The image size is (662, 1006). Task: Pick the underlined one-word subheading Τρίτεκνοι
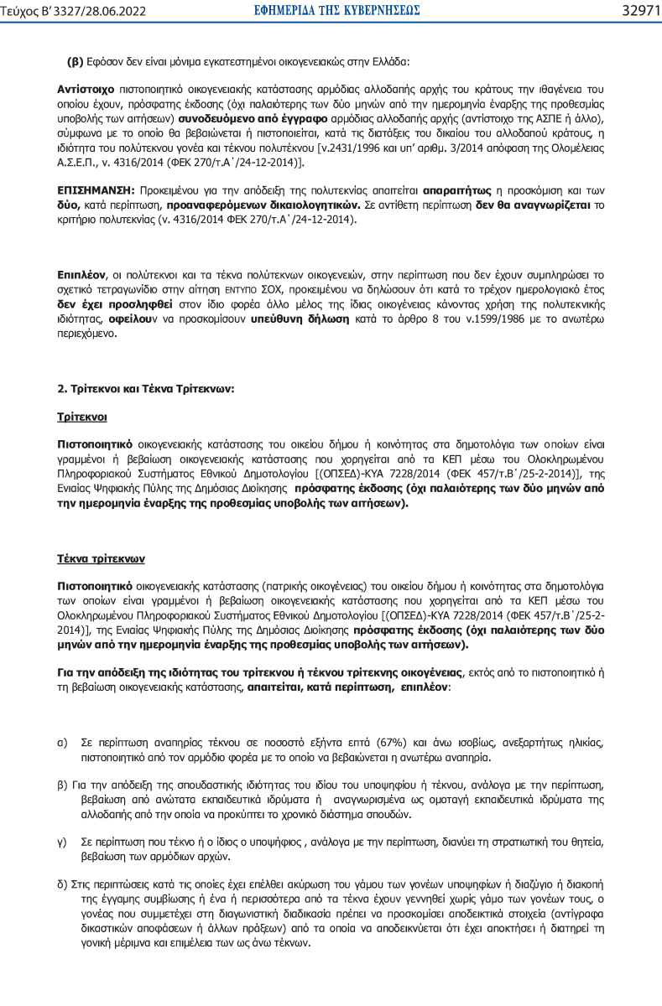point(81,416)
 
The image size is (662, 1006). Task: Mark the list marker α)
point(62,744)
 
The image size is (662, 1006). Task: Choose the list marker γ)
point(62,841)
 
